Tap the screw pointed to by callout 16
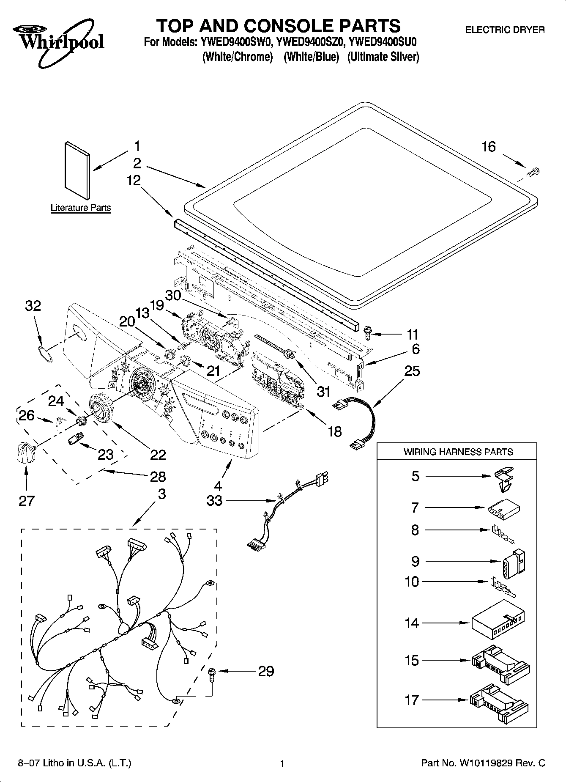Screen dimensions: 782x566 pyautogui.click(x=533, y=172)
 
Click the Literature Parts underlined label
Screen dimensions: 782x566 pyautogui.click(x=81, y=208)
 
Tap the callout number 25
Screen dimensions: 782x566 pyautogui.click(x=412, y=371)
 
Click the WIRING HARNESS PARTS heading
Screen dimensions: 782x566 pyautogui.click(x=458, y=452)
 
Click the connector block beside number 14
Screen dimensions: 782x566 pyautogui.click(x=498, y=623)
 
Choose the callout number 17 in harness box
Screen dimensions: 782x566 pyautogui.click(x=412, y=700)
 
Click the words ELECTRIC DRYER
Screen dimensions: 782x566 pyautogui.click(x=505, y=30)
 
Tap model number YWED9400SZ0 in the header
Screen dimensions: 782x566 pyautogui.click(x=312, y=42)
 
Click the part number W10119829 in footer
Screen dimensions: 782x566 pyautogui.click(x=487, y=763)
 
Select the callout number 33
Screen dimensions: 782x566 pyautogui.click(x=214, y=501)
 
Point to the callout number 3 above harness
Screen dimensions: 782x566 pyautogui.click(x=161, y=494)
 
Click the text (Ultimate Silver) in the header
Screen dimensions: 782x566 pyautogui.click(x=383, y=57)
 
